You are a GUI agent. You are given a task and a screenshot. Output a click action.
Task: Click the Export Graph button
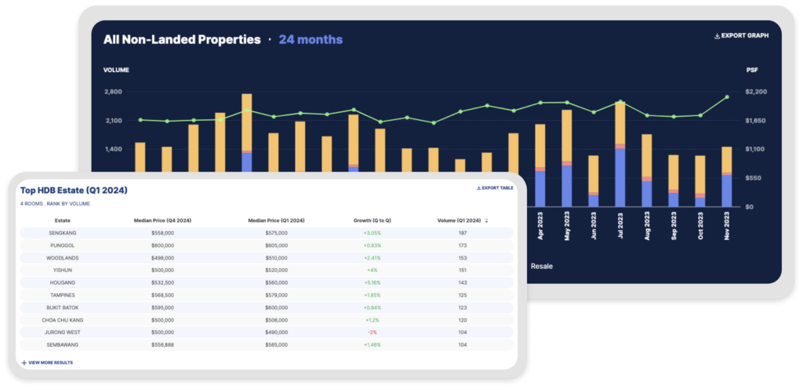point(741,36)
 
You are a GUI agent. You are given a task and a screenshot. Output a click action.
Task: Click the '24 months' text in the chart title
point(311,39)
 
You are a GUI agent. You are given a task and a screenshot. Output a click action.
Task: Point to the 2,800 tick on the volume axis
point(113,92)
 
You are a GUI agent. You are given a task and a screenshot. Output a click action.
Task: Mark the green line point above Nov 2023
point(727,97)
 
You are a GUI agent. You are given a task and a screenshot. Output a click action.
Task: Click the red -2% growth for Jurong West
point(371,333)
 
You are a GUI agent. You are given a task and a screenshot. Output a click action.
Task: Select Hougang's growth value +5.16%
point(371,282)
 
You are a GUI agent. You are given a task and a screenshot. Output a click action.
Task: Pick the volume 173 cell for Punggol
point(462,245)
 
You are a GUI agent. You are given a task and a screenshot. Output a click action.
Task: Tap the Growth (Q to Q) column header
point(371,220)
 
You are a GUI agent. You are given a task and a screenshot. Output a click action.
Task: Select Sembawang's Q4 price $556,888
point(157,345)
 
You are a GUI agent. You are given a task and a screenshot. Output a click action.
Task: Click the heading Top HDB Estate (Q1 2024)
point(74,191)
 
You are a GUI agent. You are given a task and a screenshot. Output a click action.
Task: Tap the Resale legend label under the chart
point(541,266)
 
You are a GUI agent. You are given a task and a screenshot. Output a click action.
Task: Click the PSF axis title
point(752,70)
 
